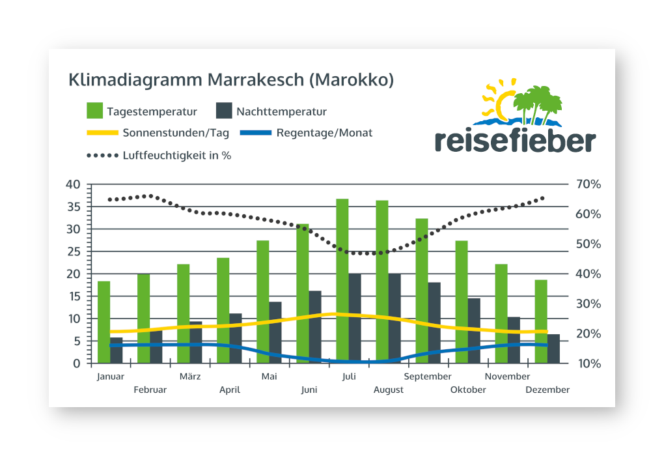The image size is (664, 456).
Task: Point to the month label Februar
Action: pyautogui.click(x=150, y=390)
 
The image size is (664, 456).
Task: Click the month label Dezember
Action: pyautogui.click(x=548, y=390)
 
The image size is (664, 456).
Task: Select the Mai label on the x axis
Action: pyautogui.click(x=269, y=377)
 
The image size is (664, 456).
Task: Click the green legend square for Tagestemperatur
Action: pyautogui.click(x=95, y=111)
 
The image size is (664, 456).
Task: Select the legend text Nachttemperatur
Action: pyautogui.click(x=281, y=112)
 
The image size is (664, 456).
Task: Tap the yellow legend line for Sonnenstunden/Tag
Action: pyautogui.click(x=102, y=133)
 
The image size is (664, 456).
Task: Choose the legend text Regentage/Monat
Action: pyautogui.click(x=324, y=133)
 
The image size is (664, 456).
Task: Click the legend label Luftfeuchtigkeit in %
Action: pyautogui.click(x=176, y=156)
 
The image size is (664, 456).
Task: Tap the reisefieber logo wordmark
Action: pyautogui.click(x=514, y=140)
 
